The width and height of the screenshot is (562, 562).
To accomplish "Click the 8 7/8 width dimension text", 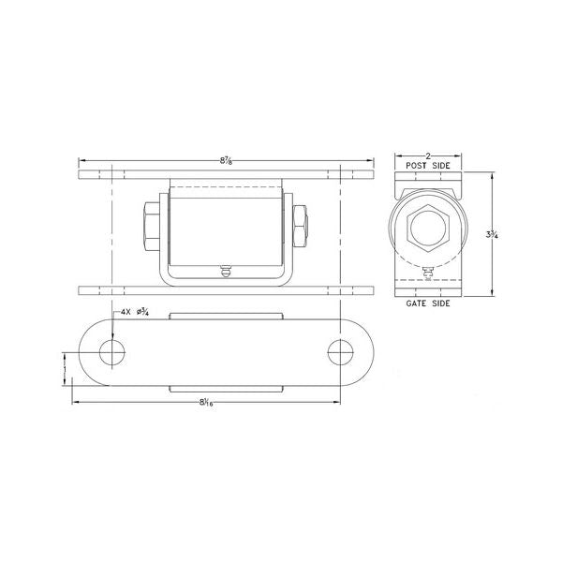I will tap(226, 161).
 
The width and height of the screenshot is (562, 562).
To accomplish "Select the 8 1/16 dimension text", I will tap(207, 403).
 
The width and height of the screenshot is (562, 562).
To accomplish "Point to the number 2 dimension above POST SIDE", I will tap(428, 155).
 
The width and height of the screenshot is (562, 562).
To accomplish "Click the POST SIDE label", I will tap(428, 166).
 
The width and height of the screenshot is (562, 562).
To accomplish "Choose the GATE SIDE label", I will tap(428, 304).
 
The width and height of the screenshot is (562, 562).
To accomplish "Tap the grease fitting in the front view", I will tap(226, 272).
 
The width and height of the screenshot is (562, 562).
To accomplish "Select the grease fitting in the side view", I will tap(428, 274).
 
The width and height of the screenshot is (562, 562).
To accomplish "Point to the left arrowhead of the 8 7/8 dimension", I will tap(81, 161).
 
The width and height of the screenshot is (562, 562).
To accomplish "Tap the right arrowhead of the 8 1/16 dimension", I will tap(338, 403).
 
